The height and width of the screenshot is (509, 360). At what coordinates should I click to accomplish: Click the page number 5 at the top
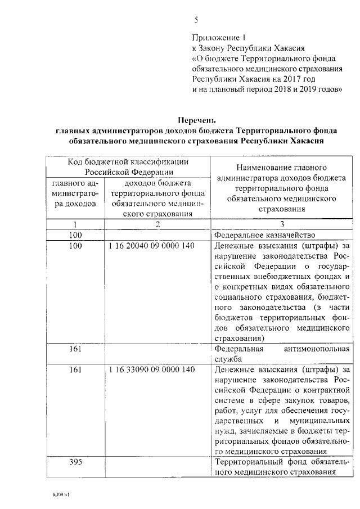click(x=196, y=20)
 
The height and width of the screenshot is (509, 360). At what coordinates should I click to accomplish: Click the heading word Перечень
click(x=196, y=120)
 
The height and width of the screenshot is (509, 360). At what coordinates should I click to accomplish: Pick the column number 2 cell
click(x=158, y=224)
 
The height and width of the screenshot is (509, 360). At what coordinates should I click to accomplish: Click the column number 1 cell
click(x=75, y=224)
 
